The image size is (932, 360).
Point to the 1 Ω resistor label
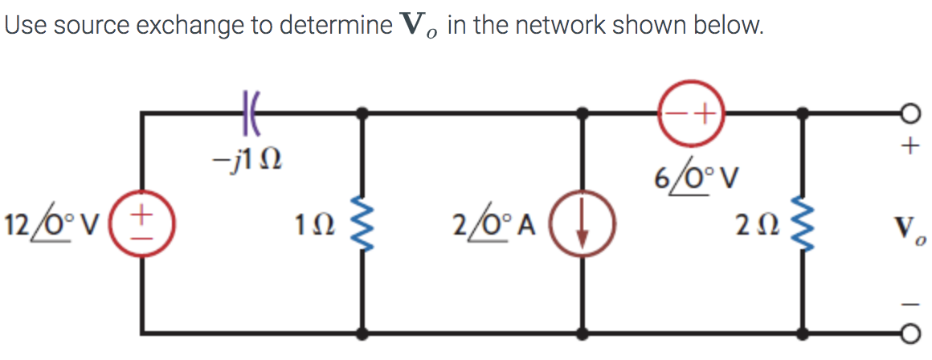(x=320, y=223)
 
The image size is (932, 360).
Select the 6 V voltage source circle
(x=692, y=112)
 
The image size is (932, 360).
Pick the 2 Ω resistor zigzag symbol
(x=801, y=223)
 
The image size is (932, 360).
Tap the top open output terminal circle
(x=910, y=113)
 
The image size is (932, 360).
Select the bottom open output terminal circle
(x=910, y=331)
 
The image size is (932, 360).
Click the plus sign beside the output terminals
(x=910, y=146)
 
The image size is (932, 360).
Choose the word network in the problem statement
(x=559, y=27)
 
